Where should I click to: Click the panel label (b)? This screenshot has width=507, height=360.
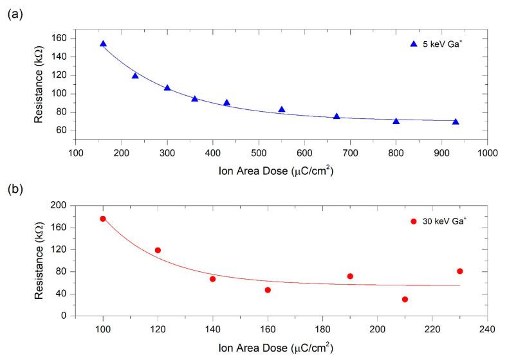point(14,191)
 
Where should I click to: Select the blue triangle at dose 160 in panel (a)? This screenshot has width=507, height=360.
point(103,44)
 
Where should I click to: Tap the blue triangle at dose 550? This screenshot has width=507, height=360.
point(282,109)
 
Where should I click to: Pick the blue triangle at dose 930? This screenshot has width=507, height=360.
point(456,122)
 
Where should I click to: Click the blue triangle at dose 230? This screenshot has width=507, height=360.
point(135,75)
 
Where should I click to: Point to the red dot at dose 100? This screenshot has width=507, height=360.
point(103,219)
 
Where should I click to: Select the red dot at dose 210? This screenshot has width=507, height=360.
point(405,299)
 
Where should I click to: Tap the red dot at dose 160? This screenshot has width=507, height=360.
point(268,290)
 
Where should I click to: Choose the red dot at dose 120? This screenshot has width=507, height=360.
point(158,250)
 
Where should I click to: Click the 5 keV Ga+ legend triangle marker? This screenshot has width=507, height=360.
point(414,44)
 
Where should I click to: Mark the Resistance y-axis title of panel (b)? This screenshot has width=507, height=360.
point(39,260)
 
